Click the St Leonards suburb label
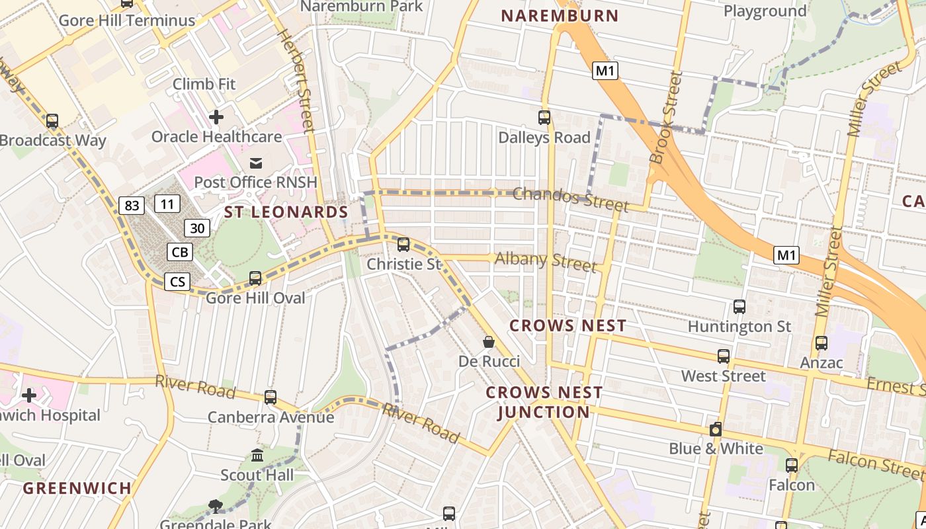click(286, 212)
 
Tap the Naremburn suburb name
click(560, 16)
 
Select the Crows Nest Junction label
click(544, 402)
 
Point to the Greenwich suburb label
click(77, 489)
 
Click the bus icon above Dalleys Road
click(544, 118)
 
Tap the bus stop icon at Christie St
click(403, 245)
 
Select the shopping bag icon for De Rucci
click(489, 342)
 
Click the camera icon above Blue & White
click(716, 429)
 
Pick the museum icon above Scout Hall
click(257, 456)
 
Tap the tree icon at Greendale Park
click(215, 507)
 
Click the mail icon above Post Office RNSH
click(256, 163)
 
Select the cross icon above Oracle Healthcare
click(216, 118)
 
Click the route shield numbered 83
click(132, 206)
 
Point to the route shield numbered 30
click(197, 229)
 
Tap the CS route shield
click(177, 282)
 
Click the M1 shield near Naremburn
click(605, 71)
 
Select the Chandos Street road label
click(570, 198)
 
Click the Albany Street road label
click(546, 261)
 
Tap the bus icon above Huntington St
click(739, 307)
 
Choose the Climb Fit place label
click(204, 84)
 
